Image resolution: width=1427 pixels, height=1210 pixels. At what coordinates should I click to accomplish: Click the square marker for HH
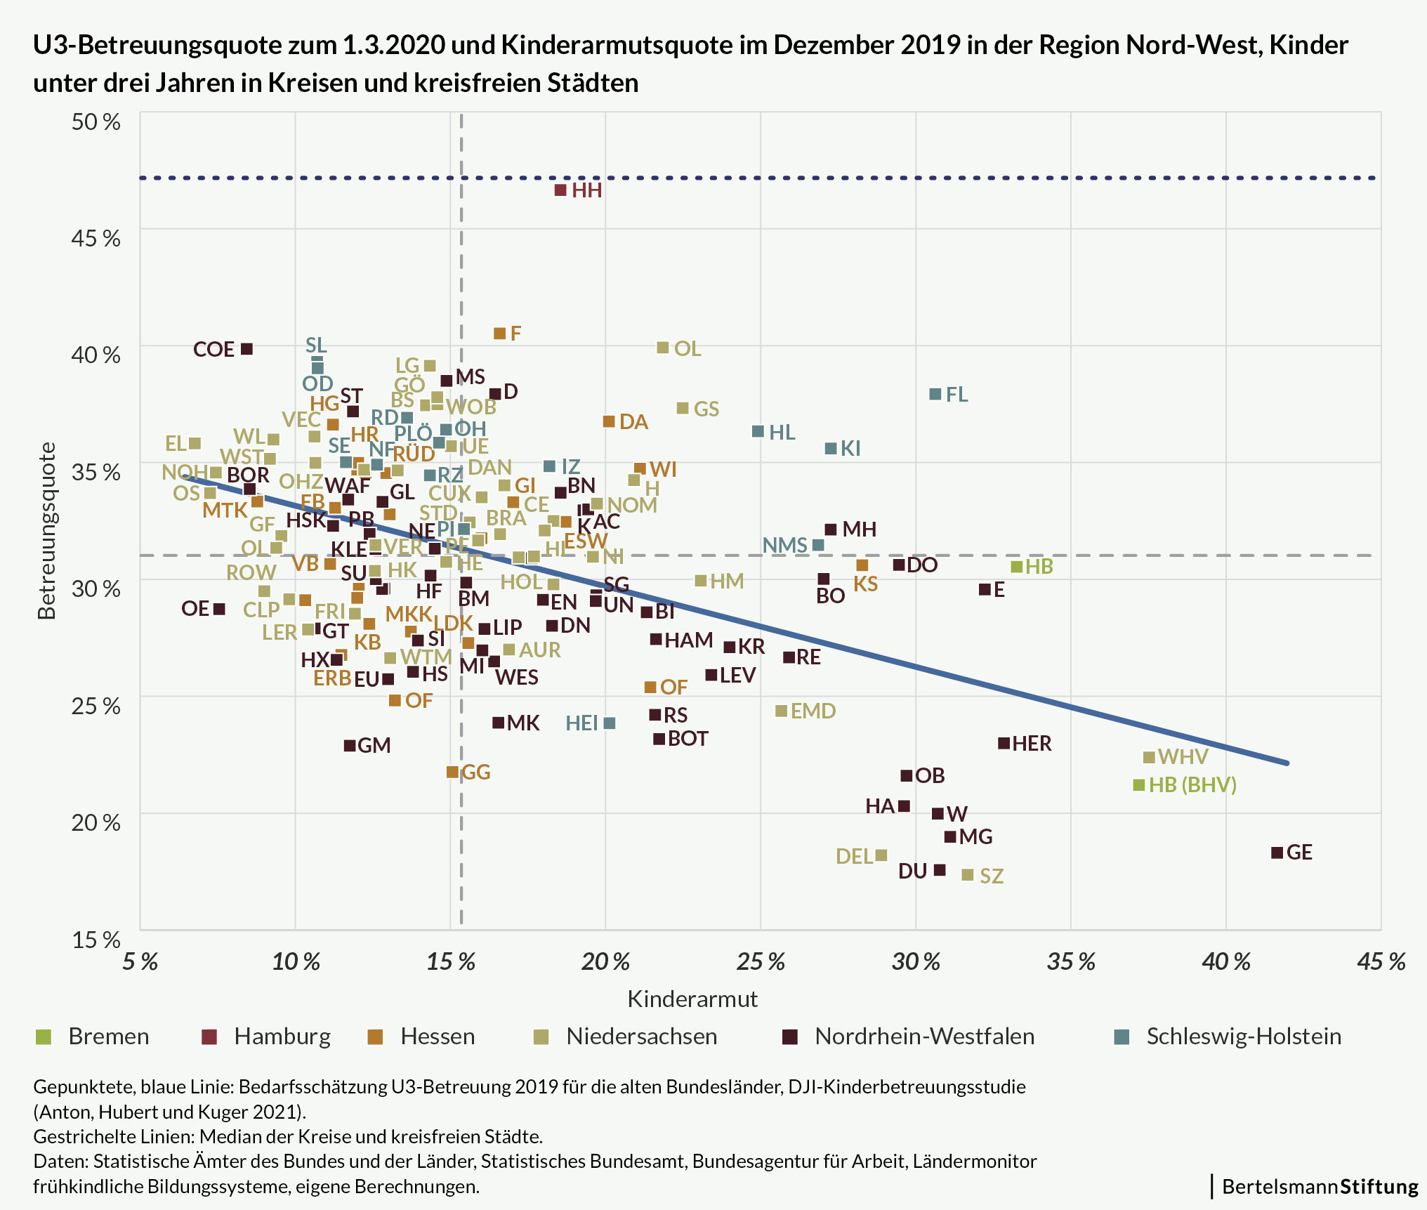pyautogui.click(x=560, y=190)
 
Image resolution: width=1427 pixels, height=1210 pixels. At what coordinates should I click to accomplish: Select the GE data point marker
pyautogui.click(x=1277, y=853)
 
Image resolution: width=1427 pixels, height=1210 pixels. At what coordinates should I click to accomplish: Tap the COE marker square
pyautogui.click(x=246, y=349)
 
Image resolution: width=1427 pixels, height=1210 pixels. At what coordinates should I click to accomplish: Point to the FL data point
pyautogui.click(x=935, y=394)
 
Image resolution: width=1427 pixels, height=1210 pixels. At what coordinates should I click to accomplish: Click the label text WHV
pyautogui.click(x=1183, y=756)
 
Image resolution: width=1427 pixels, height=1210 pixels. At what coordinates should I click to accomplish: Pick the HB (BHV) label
pyautogui.click(x=1192, y=784)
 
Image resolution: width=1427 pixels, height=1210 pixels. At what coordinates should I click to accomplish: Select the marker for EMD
pyautogui.click(x=781, y=711)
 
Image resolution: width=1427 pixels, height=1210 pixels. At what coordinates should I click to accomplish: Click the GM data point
pyautogui.click(x=350, y=746)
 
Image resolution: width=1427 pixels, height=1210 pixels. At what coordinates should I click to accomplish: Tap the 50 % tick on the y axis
pyautogui.click(x=96, y=121)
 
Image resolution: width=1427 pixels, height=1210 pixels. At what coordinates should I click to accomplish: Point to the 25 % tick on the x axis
pyautogui.click(x=761, y=961)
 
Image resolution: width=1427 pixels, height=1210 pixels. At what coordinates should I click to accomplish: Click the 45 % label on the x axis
pyautogui.click(x=1381, y=961)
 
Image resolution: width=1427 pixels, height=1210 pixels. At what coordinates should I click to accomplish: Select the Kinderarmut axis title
pyautogui.click(x=692, y=999)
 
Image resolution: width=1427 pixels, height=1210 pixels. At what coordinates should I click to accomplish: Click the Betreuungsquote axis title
pyautogui.click(x=47, y=530)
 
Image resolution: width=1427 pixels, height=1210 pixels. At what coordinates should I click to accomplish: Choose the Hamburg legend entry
pyautogui.click(x=282, y=1037)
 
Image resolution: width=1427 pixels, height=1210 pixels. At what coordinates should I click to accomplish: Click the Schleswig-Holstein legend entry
pyautogui.click(x=1243, y=1037)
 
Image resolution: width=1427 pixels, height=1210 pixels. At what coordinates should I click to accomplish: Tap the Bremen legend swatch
pyautogui.click(x=44, y=1037)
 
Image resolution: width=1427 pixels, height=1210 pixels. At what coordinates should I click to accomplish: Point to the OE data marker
pyautogui.click(x=219, y=609)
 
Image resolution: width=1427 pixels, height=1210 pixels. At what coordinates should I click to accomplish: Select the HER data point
pyautogui.click(x=1004, y=743)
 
